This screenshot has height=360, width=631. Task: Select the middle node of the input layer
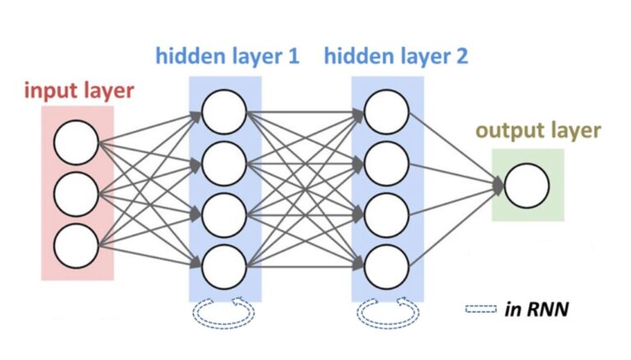(76, 194)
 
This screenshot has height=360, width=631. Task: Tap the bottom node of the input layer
(76, 245)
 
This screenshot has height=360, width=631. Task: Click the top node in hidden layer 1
(223, 111)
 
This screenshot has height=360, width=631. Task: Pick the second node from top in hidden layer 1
(223, 163)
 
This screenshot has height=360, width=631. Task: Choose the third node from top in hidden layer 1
(223, 214)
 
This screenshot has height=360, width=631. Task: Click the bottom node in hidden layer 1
(223, 265)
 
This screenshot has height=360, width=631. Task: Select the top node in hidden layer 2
(387, 111)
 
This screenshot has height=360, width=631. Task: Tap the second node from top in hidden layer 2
(387, 163)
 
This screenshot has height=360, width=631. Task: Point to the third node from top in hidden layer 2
(387, 214)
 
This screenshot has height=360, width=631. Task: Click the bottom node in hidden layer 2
(387, 265)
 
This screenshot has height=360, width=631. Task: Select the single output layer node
(527, 185)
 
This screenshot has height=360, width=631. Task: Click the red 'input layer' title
(78, 90)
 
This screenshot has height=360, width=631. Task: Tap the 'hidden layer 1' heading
(228, 58)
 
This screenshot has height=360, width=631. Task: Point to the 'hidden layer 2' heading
(396, 58)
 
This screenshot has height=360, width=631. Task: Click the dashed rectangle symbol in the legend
(481, 310)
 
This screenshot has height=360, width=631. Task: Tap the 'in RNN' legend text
(537, 310)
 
